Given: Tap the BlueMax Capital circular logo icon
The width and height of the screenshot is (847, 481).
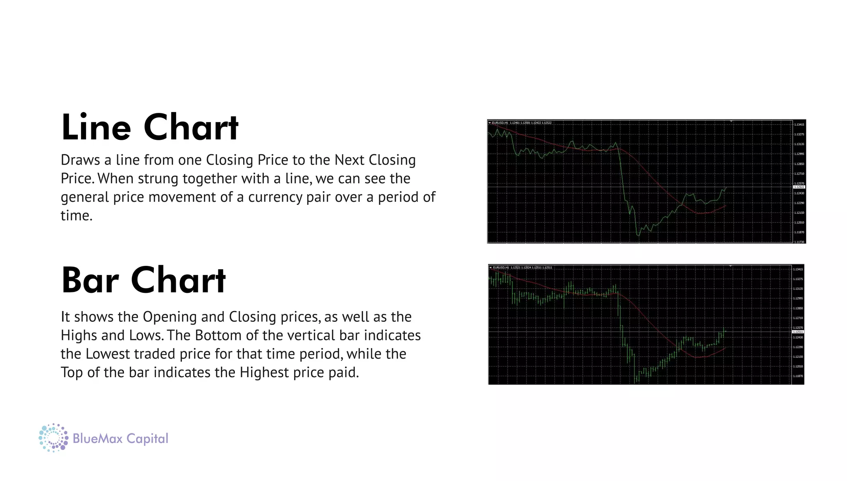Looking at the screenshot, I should pyautogui.click(x=53, y=438).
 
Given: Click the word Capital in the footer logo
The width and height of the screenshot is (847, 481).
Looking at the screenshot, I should pyautogui.click(x=147, y=439).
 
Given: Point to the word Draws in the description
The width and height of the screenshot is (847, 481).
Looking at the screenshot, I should pyautogui.click(x=80, y=160).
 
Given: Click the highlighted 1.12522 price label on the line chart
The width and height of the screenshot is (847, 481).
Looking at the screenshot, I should pyautogui.click(x=799, y=187).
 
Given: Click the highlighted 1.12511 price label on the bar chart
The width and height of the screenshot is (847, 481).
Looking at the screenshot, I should pyautogui.click(x=798, y=332).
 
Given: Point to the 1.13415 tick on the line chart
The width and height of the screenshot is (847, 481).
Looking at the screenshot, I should pyautogui.click(x=799, y=124).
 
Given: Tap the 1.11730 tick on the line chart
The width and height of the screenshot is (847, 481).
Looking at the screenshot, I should pyautogui.click(x=799, y=242).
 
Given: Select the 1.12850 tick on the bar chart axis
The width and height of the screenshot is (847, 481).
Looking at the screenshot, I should pyautogui.click(x=798, y=309).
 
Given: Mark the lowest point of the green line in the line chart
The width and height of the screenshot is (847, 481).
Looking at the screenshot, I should pyautogui.click(x=638, y=236).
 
